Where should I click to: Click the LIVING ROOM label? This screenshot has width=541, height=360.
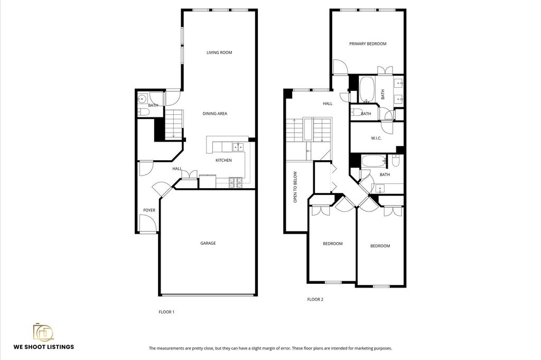point(219,52)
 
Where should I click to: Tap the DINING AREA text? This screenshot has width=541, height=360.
point(214,114)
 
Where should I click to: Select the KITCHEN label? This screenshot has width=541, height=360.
point(223,160)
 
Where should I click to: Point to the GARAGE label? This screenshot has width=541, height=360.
point(208,243)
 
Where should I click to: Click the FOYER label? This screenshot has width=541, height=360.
point(150,210)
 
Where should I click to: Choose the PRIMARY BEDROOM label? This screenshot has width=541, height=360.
point(368,44)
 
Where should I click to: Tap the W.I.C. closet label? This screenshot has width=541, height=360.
point(376,139)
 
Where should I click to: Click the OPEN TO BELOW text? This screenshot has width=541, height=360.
point(295,187)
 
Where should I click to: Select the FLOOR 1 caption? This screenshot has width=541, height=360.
point(166,312)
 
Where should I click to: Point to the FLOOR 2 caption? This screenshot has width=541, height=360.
point(315,300)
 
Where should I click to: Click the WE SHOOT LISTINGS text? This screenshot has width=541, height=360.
point(44,347)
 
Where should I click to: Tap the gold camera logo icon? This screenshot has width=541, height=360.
point(43,331)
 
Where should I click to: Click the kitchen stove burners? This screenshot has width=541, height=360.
point(236,183)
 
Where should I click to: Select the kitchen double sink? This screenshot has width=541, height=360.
point(238,147)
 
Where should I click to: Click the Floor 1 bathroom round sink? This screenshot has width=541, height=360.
point(142,99)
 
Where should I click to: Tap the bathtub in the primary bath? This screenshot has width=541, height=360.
point(367,89)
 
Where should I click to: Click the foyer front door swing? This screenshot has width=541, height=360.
point(148,223)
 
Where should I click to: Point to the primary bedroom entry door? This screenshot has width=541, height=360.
point(341,67)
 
